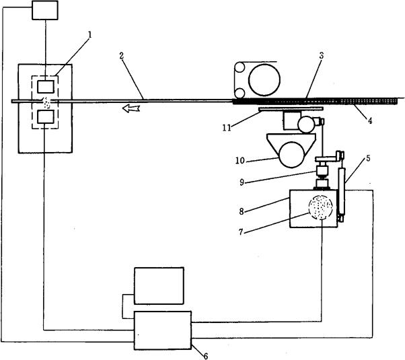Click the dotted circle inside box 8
point(321,209)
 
